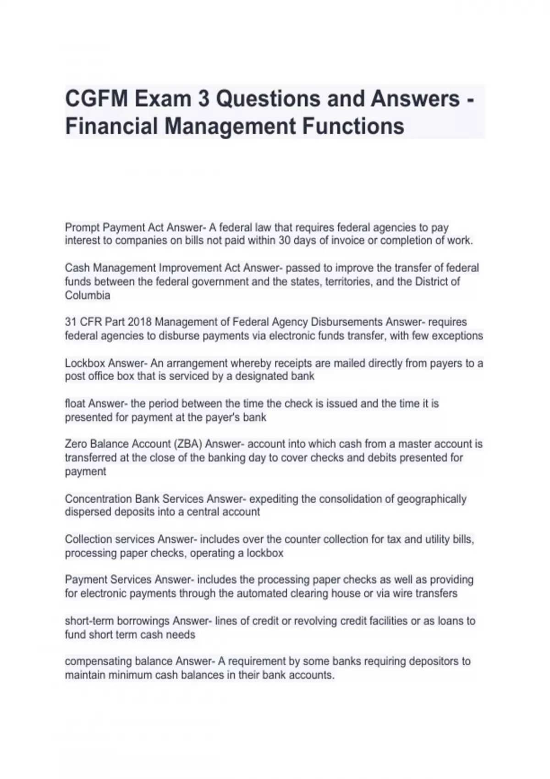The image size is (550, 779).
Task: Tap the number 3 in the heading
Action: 203,99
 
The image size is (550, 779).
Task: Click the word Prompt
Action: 82,227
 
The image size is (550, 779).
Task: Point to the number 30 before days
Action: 285,241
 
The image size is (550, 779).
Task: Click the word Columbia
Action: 88,296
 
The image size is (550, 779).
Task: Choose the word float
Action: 75,404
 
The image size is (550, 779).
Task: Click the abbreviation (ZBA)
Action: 188,444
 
